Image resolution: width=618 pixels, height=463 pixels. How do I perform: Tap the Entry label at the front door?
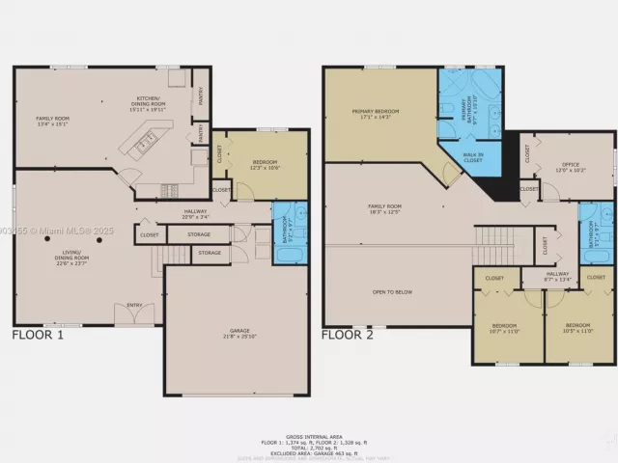(x=133, y=307)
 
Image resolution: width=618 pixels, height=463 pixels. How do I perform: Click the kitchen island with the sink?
(x=143, y=145)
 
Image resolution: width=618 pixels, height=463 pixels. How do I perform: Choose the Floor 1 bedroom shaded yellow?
(x=265, y=164)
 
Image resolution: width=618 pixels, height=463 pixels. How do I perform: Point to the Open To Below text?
(x=392, y=290)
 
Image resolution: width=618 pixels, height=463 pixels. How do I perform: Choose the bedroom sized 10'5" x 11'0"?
(x=579, y=328)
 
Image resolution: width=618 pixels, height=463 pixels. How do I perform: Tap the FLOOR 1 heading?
(x=38, y=336)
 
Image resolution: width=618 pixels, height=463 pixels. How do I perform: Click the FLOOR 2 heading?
(x=348, y=336)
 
